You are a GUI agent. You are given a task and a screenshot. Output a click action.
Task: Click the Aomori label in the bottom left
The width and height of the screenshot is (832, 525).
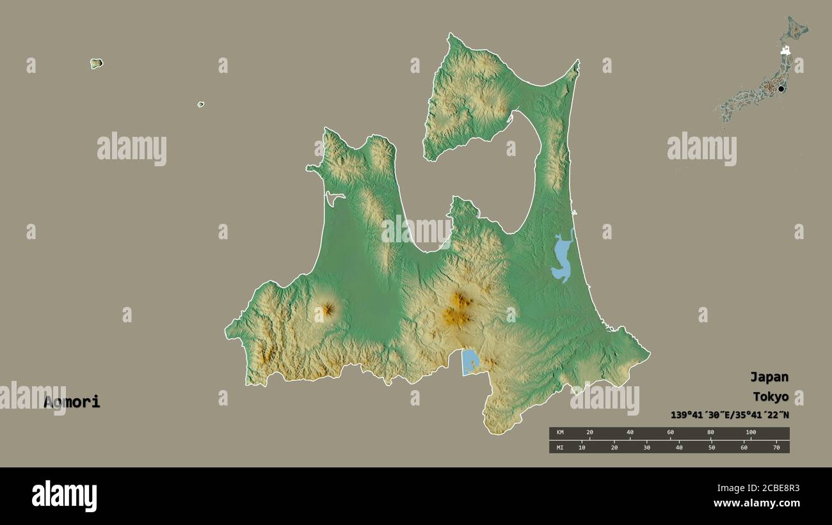tap(72, 402)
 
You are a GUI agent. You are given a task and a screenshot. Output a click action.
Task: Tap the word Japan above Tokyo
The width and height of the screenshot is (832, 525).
tap(769, 377)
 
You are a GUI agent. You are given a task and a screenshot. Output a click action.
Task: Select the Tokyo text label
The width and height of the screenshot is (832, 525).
tap(770, 396)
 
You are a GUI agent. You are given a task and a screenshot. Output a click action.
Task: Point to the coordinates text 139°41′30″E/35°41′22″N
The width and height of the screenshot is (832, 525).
tap(730, 415)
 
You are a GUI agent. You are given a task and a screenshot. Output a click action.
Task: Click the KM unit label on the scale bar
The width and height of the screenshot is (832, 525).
tap(560, 433)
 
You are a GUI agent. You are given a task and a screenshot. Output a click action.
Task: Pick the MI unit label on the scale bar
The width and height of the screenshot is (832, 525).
tap(560, 447)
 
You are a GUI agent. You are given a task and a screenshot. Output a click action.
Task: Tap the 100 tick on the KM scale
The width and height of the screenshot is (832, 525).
tap(751, 432)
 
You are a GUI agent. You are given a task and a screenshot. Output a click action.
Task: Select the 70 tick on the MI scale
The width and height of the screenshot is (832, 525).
tap(776, 447)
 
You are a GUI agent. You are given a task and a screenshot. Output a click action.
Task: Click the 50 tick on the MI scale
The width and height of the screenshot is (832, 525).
tap(711, 447)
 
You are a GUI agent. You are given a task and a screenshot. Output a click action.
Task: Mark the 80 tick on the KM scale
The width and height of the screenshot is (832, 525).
tap(710, 432)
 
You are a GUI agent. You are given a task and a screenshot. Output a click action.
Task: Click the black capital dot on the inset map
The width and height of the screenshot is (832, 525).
tap(781, 89)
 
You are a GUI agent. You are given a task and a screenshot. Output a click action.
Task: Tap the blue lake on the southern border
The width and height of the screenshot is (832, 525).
tap(470, 362)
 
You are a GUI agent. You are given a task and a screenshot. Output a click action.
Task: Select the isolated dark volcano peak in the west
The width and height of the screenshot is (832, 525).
tap(327, 310)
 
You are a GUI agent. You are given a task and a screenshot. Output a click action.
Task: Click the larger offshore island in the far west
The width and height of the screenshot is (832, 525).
tap(96, 63)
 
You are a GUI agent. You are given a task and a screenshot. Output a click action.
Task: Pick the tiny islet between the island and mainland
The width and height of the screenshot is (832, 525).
tap(200, 104)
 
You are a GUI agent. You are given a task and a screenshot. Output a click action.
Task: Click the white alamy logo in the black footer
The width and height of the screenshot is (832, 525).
tap(64, 496)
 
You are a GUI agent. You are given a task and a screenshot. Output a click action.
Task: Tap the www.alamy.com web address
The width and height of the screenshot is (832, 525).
tap(756, 503)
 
